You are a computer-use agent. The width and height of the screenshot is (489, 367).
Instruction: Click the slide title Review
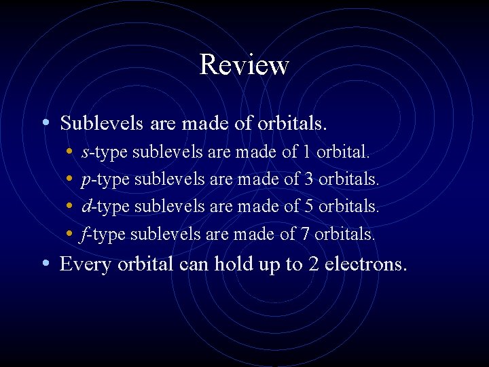click(x=244, y=65)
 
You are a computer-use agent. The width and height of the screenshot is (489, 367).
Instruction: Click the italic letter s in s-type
click(x=84, y=153)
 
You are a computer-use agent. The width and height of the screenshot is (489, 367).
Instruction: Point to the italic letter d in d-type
click(x=85, y=207)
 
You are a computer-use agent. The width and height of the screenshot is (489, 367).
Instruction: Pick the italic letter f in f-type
click(x=84, y=234)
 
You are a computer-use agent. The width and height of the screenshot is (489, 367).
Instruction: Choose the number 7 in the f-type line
click(x=304, y=234)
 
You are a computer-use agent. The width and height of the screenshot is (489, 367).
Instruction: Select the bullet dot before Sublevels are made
click(x=44, y=123)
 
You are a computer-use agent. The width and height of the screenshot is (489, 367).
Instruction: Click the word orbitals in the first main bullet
click(x=293, y=123)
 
